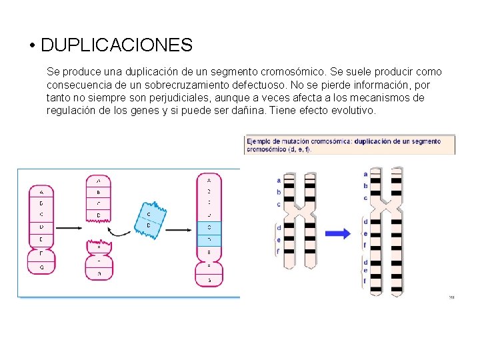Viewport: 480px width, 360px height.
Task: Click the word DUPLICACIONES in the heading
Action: [x=117, y=45]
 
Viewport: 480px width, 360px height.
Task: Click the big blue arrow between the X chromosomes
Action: [x=338, y=233]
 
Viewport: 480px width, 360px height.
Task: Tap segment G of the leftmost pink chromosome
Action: [x=41, y=267]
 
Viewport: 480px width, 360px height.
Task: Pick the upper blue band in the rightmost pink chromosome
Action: [x=209, y=227]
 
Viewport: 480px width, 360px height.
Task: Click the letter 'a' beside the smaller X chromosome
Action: [x=279, y=180]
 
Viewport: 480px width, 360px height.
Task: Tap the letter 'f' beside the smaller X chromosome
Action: [x=279, y=251]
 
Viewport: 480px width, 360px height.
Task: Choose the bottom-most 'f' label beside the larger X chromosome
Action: [x=365, y=281]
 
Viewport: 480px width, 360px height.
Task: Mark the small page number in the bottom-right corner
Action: [x=451, y=297]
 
